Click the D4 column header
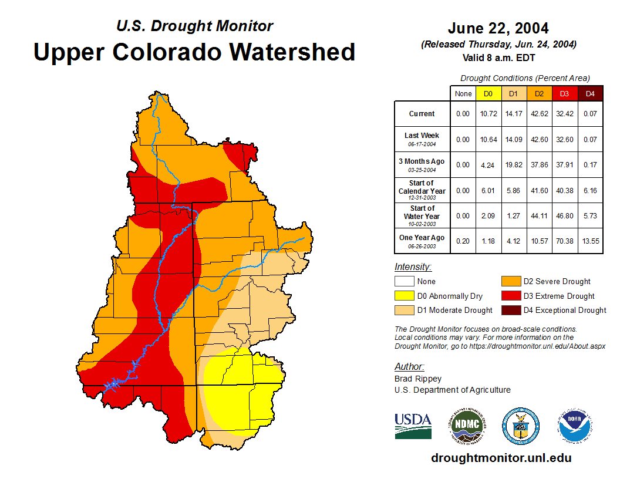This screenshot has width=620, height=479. point(591,93)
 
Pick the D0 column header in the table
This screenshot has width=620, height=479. point(488,93)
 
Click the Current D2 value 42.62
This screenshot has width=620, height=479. point(540,114)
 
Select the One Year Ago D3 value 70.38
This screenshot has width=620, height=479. point(565,242)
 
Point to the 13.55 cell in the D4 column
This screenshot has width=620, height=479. point(591,242)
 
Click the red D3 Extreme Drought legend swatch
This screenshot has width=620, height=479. point(511,296)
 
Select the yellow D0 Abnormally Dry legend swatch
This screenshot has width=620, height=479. point(405,296)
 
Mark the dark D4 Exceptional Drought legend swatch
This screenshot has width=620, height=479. point(511,310)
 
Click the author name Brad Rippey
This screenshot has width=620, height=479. point(418,379)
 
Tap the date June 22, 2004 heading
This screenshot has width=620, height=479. point(498,28)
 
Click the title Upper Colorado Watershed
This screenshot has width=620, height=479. point(194,52)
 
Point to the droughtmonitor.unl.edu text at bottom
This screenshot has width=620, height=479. point(501,458)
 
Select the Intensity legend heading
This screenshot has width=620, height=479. point(413,267)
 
